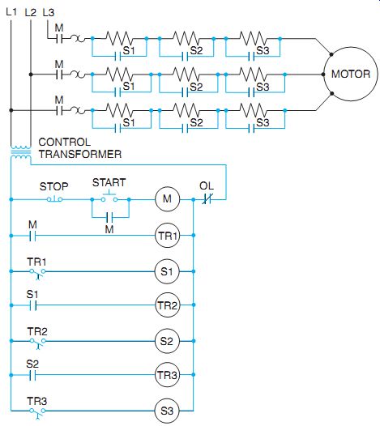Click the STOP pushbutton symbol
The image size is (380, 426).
click(x=54, y=199)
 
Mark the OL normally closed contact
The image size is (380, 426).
click(x=207, y=200)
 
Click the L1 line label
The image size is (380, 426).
click(x=11, y=12)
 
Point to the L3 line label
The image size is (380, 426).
click(x=49, y=12)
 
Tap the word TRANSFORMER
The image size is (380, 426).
click(x=80, y=154)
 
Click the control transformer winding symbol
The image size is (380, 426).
click(x=20, y=152)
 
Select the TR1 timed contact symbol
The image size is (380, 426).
click(x=37, y=273)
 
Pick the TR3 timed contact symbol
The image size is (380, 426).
click(x=37, y=412)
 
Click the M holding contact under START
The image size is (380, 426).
click(x=109, y=217)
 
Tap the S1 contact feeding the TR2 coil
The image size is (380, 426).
click(x=32, y=305)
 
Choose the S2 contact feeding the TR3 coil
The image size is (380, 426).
click(x=32, y=375)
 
